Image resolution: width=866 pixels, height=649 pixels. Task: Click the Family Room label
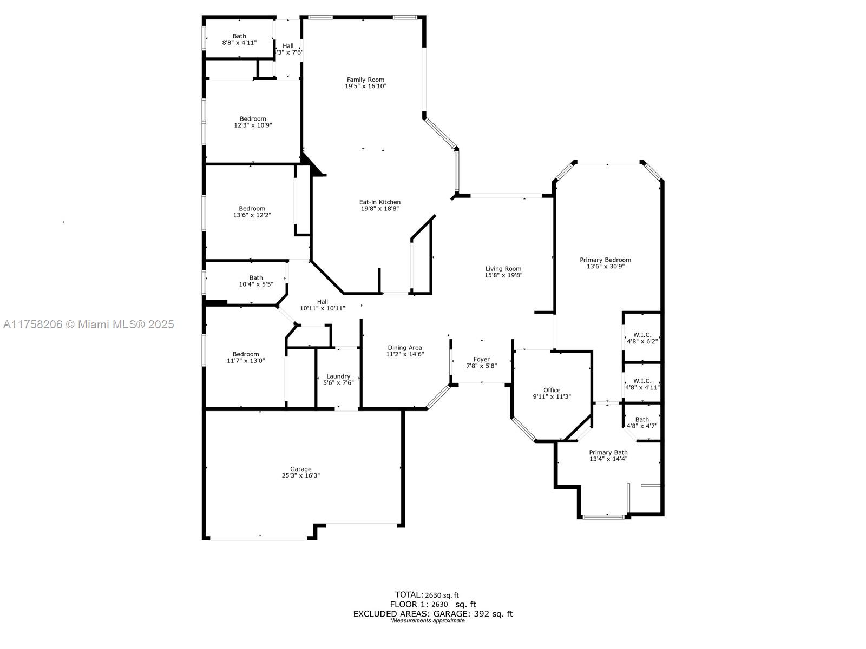[x=365, y=80]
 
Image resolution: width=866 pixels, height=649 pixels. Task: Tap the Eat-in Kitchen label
[x=379, y=202]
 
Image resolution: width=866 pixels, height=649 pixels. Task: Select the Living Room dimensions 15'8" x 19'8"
[x=503, y=275]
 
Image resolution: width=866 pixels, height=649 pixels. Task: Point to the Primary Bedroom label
[x=605, y=260]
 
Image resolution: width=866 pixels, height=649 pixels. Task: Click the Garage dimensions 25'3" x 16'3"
[x=300, y=475]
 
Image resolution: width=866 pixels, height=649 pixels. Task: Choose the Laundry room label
[x=338, y=376]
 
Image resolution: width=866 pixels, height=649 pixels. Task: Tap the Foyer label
[x=481, y=359]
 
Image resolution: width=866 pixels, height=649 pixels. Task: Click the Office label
[x=552, y=390]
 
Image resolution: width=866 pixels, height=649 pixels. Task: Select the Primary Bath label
[x=608, y=452]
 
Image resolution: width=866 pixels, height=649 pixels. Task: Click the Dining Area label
[x=405, y=348]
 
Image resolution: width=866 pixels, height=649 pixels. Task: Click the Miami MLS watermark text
[x=88, y=325]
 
